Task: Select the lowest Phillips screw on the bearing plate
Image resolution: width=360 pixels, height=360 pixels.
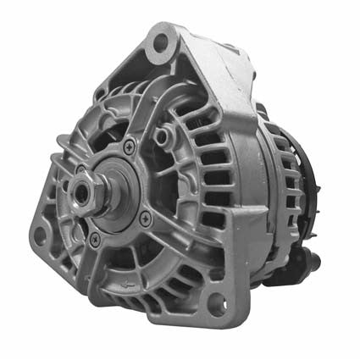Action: tap(93, 240)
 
